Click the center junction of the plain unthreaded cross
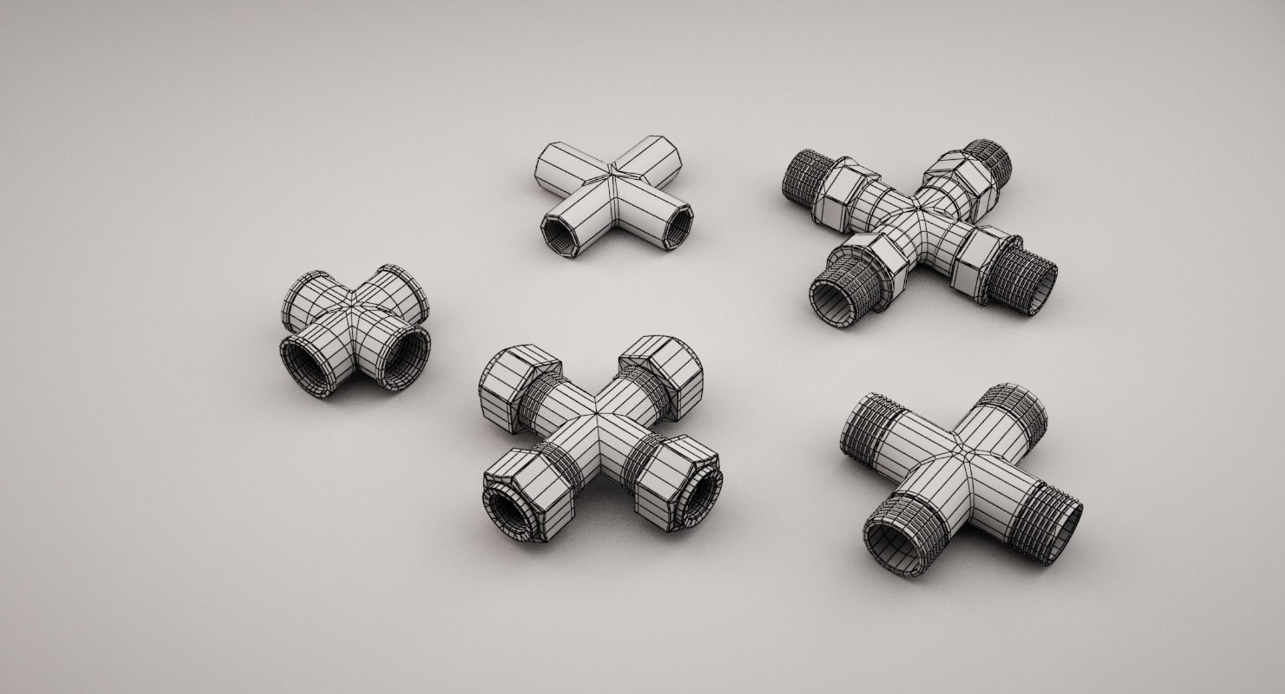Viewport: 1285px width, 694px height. tap(614, 177)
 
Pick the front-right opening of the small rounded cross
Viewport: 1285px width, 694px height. tap(406, 360)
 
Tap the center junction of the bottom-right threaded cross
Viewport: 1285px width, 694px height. tap(964, 455)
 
